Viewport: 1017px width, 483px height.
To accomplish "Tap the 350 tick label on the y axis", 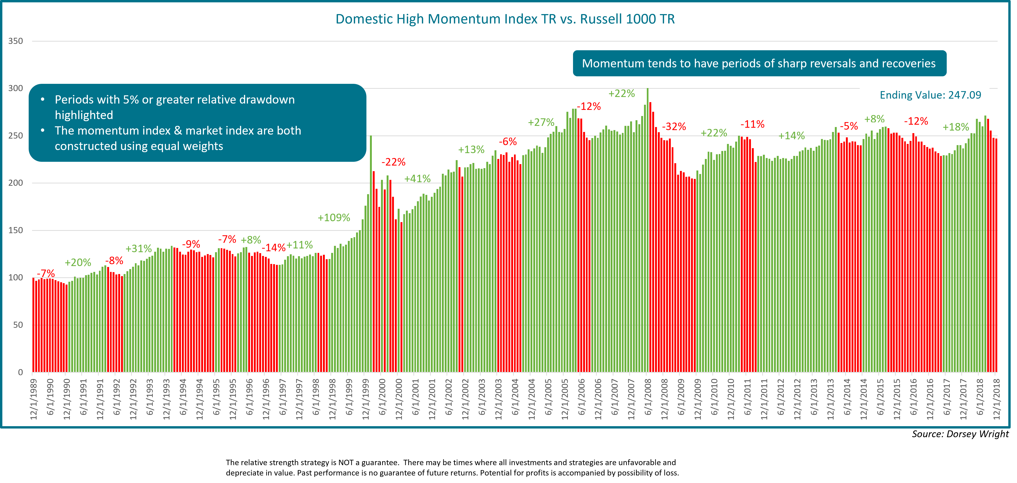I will [x=16, y=41].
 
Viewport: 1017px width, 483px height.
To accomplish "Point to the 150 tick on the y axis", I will [x=16, y=230].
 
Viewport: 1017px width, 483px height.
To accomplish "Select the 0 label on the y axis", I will [x=20, y=372].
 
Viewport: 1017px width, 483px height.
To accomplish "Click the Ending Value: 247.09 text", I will [x=930, y=95].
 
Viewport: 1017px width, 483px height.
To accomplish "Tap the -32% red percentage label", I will [x=674, y=127].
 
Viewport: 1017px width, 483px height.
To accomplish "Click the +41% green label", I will [x=417, y=179].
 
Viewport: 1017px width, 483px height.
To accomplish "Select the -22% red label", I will [x=393, y=162].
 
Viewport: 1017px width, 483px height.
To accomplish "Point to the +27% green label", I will [x=541, y=122].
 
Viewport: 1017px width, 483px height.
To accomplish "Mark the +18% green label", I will [x=955, y=127].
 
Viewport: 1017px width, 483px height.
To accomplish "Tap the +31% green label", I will [x=139, y=249].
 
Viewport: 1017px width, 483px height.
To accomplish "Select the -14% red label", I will [x=274, y=248].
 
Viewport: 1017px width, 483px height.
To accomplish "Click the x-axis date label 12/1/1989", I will [x=34, y=399].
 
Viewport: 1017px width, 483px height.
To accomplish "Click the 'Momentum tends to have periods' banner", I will [x=759, y=63].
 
